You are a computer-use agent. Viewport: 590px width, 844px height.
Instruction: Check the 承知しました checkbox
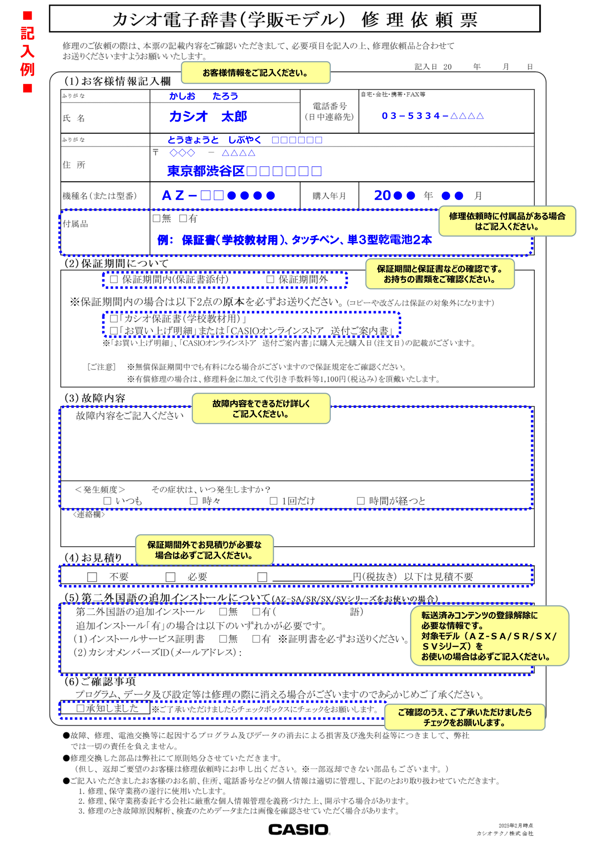point(80,708)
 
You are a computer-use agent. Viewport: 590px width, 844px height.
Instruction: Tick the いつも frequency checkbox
point(107,501)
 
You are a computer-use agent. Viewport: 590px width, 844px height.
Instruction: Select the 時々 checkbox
point(194,501)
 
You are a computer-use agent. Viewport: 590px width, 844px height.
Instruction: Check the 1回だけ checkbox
point(274,501)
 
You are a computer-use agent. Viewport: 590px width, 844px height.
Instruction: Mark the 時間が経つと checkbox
point(361,501)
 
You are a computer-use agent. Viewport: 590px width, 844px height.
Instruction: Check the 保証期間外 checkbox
point(271,279)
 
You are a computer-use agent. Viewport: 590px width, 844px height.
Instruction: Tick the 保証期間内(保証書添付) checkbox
point(114,279)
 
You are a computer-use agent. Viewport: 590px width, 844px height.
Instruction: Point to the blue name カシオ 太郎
point(208,117)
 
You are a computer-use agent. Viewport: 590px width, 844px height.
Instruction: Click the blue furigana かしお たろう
point(203,96)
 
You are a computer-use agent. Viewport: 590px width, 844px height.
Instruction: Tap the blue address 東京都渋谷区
point(206,171)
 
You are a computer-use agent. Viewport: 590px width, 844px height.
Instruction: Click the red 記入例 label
point(27,51)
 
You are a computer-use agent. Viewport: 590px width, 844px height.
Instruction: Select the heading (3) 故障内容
point(95,398)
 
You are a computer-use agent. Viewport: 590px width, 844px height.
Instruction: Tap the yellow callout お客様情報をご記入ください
point(255,73)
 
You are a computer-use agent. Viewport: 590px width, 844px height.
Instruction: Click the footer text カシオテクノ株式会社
point(505,833)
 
